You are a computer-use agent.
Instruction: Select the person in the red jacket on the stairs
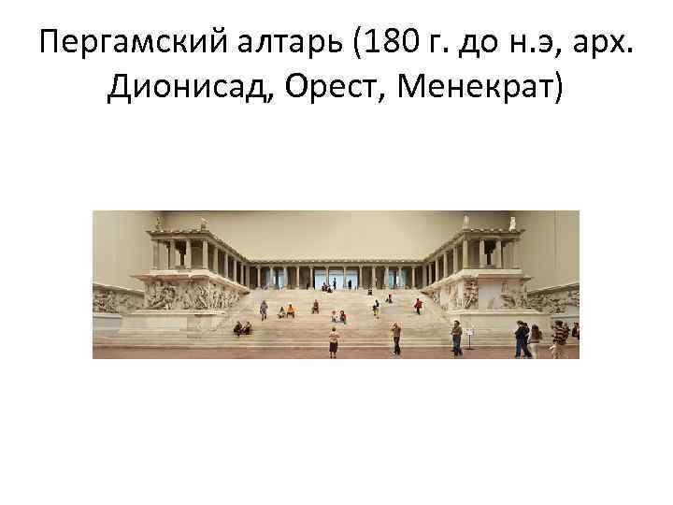point(418,305)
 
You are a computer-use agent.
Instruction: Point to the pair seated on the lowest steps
point(242,327)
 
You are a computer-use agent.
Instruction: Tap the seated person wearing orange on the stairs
point(290,311)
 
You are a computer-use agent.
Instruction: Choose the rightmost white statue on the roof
point(512,224)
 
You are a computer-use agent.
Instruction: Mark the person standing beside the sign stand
point(456,338)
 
